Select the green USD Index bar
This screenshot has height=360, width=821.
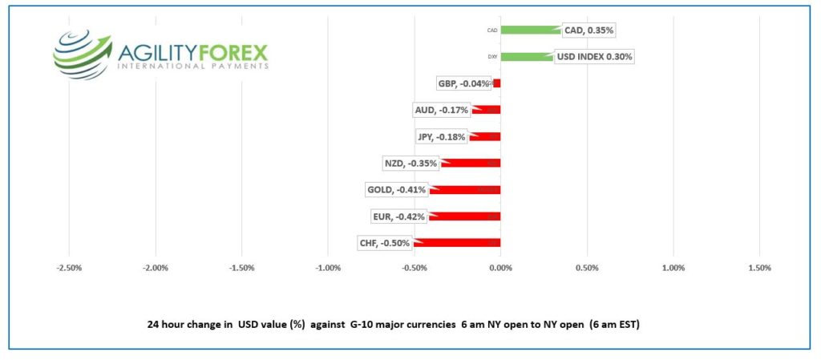coord(525,57)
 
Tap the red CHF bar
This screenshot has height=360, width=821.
coord(457,243)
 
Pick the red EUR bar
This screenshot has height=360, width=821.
coord(464,216)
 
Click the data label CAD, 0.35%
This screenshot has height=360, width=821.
coord(588,30)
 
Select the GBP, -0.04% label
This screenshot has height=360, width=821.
coord(463,83)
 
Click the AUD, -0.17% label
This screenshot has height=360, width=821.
coord(441,110)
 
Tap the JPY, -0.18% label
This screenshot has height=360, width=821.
coord(441,136)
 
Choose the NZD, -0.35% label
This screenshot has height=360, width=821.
coord(411,164)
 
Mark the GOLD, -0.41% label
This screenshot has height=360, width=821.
coord(397,190)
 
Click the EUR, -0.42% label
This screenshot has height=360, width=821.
coord(398,216)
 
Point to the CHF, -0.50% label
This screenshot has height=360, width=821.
coord(385,243)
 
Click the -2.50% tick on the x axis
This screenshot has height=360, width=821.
coord(69,268)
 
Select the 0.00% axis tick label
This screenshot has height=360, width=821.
coord(500,268)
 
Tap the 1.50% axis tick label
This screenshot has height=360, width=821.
coord(759,268)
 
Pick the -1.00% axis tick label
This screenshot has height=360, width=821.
coord(328,268)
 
